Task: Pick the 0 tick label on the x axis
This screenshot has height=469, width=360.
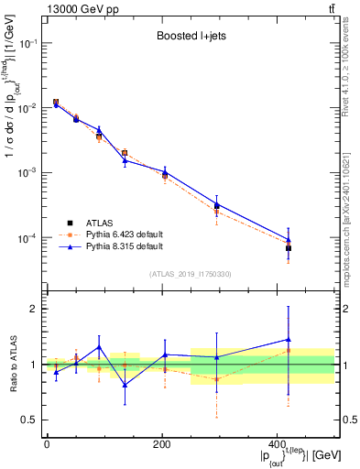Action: click(x=47, y=444)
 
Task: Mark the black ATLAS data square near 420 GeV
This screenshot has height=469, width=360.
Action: click(x=289, y=248)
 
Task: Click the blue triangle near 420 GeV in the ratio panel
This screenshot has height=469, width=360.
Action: click(x=289, y=340)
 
